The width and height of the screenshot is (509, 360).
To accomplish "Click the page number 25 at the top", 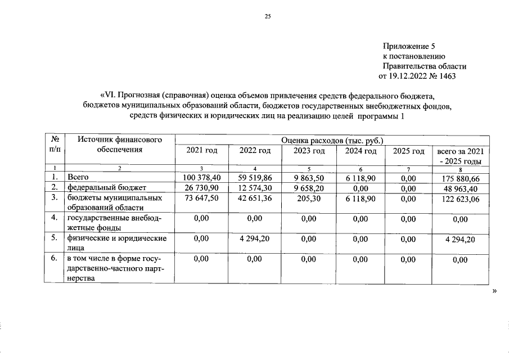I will click(268, 17).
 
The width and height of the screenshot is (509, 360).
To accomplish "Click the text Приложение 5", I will click(409, 46).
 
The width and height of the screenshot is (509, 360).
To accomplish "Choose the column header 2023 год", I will click(309, 151).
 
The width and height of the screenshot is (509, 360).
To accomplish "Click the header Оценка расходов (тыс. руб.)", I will click(332, 139).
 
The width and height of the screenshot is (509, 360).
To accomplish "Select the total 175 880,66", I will click(460, 178).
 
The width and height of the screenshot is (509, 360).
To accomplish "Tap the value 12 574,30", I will click(255, 187).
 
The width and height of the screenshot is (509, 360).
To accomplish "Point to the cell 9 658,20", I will click(309, 187).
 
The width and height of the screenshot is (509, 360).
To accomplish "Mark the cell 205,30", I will click(309, 199).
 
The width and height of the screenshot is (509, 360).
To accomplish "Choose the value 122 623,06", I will click(460, 199).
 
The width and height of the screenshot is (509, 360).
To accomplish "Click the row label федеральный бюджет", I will click(107, 187).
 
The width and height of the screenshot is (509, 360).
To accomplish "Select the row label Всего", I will click(78, 178).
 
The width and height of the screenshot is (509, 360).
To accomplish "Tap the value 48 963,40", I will click(460, 188).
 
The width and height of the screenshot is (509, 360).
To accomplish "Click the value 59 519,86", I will click(255, 178).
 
